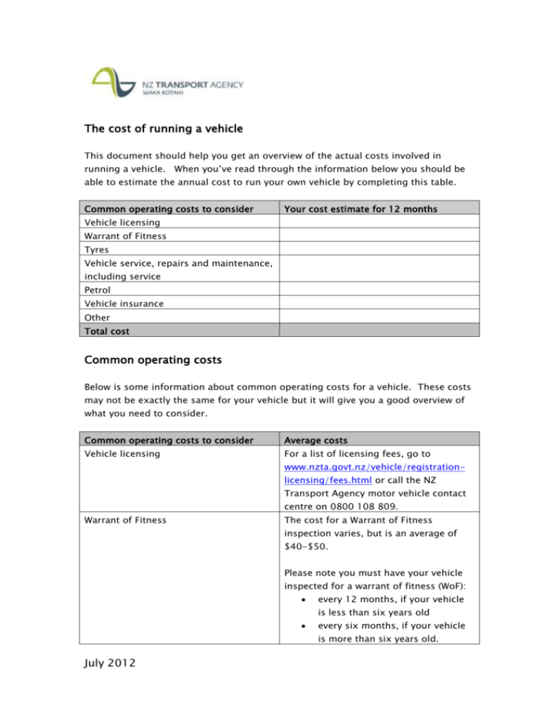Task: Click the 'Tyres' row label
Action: coord(97,249)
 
